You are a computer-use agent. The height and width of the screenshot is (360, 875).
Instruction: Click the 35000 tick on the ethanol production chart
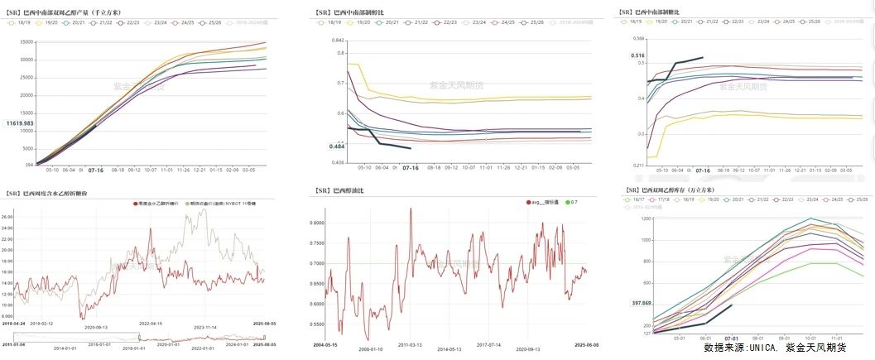coord(23,41)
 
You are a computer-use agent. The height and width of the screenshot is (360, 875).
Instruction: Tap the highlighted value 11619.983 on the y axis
coord(19,122)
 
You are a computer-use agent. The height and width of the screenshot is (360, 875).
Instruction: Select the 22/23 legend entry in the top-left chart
coord(132,22)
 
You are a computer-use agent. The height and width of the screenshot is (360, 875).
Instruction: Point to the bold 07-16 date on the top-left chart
coord(96,170)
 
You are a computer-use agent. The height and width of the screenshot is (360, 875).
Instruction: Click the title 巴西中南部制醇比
coord(365,12)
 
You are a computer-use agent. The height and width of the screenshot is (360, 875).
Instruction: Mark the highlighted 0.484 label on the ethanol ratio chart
coord(337,146)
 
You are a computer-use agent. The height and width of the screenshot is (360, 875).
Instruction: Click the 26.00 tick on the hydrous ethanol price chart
coord(9,217)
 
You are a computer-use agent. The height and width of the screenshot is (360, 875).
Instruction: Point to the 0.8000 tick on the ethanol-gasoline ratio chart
coord(322,223)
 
